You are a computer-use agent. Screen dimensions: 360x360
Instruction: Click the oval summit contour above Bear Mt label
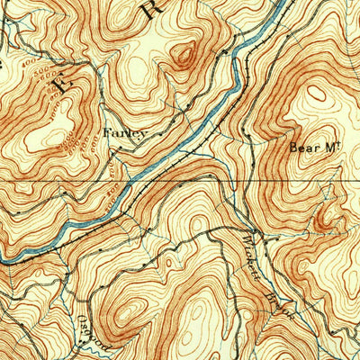pyautogui.click(x=317, y=93)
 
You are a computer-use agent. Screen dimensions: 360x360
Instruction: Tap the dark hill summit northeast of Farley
pyautogui.click(x=185, y=56)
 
